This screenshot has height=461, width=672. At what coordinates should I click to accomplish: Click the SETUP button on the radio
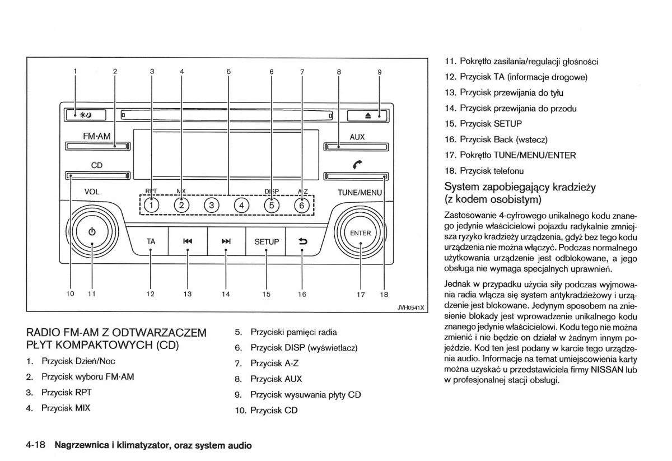click(x=267, y=241)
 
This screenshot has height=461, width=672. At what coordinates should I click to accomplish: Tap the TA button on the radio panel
click(x=151, y=241)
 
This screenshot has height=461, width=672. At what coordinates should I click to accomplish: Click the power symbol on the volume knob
click(x=92, y=232)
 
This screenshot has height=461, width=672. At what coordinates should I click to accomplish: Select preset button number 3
click(x=212, y=205)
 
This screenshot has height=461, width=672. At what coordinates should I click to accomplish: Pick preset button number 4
click(x=241, y=205)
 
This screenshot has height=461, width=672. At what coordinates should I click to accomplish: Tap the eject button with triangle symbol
click(x=368, y=115)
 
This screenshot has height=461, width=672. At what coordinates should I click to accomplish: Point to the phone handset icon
click(x=357, y=165)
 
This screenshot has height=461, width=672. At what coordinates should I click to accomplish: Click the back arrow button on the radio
click(x=303, y=241)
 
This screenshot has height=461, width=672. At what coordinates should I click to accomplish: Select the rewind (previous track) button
click(x=188, y=241)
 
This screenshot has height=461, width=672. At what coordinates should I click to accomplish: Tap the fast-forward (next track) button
click(x=226, y=241)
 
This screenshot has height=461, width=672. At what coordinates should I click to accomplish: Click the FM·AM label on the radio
click(x=97, y=136)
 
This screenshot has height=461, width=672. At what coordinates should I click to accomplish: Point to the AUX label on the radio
click(x=357, y=137)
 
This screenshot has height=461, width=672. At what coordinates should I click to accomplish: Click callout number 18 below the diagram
click(x=384, y=294)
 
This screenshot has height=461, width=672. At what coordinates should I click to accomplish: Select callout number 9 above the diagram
click(x=379, y=72)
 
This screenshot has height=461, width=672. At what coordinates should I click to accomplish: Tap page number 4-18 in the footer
click(x=35, y=446)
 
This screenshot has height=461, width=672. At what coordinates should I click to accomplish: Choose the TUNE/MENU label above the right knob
click(x=359, y=192)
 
